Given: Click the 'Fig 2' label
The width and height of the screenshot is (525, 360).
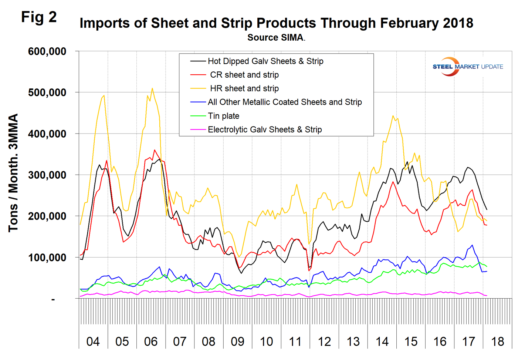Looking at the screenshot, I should click(39, 17).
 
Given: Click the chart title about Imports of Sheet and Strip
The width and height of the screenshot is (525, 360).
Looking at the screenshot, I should click(276, 23).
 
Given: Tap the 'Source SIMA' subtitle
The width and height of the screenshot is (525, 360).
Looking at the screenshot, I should click(276, 38).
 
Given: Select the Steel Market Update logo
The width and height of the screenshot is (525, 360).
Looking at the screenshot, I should click(468, 67).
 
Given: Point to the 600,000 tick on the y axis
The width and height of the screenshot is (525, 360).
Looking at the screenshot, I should click(47, 51).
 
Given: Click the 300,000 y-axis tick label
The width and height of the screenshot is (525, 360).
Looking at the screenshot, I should click(47, 175).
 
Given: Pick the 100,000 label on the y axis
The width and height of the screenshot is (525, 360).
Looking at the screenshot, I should click(47, 258).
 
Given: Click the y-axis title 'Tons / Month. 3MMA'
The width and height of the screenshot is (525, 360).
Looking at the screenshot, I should click(13, 173).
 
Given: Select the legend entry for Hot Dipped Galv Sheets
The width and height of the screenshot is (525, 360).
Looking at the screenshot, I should click(265, 61).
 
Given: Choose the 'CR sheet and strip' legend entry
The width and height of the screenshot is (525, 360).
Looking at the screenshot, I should click(244, 75).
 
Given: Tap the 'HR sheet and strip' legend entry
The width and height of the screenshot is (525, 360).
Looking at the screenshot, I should click(244, 89).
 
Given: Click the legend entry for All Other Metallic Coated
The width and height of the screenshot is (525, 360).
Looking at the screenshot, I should click(284, 102).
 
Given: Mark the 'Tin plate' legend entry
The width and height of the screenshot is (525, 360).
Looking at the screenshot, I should click(223, 116).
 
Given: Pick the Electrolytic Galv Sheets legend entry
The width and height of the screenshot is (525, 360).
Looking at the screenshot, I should click(264, 130).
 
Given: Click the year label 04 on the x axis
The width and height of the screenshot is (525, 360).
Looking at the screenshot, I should click(93, 342).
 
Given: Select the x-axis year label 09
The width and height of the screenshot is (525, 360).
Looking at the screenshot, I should click(237, 342).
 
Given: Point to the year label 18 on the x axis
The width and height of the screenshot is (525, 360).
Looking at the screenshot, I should click(497, 342).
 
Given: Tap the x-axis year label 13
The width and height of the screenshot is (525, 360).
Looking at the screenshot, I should click(353, 342).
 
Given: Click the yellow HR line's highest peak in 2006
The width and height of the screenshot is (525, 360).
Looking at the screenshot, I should click(152, 88).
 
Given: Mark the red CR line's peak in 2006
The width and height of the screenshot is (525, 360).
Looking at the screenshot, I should click(155, 150).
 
